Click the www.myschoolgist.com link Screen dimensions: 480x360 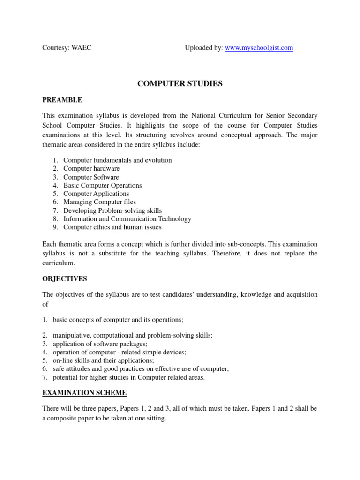(x=259, y=48)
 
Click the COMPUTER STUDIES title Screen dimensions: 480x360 (x=180, y=84)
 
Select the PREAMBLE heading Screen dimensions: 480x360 (x=62, y=100)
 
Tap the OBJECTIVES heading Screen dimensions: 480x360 (x=65, y=279)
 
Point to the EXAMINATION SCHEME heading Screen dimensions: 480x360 (x=84, y=392)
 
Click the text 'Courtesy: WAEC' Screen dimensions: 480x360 (x=67, y=48)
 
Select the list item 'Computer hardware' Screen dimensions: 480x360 (x=91, y=168)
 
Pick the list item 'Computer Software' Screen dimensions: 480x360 (x=91, y=177)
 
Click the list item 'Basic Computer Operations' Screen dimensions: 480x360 (x=102, y=185)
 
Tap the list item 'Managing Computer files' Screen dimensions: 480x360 (x=99, y=202)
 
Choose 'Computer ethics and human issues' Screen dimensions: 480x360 (x=112, y=227)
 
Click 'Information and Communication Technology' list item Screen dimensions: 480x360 (x=127, y=219)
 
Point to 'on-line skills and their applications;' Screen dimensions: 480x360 (x=103, y=360)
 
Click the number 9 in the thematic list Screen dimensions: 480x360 (x=55, y=227)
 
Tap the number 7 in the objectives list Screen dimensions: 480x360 (x=45, y=377)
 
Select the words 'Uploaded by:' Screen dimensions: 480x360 (x=203, y=48)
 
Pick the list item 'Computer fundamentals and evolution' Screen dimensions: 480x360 (x=117, y=160)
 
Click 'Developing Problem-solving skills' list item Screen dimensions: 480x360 (x=112, y=210)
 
